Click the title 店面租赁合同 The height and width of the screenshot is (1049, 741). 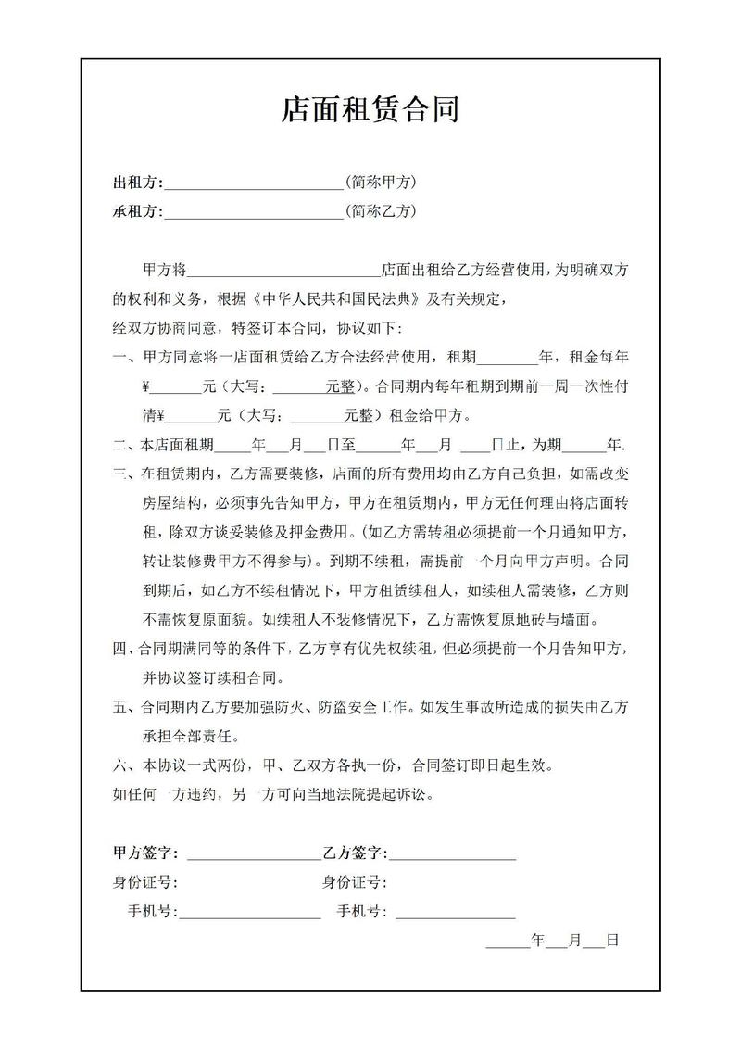pos(370,112)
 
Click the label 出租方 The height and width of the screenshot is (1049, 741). pos(134,182)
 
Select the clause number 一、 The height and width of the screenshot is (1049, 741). pos(122,357)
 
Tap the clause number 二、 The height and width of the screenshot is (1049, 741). pos(122,444)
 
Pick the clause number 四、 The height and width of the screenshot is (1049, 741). pos(122,648)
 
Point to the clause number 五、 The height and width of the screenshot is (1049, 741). pos(122,708)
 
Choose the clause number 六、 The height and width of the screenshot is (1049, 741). pos(122,766)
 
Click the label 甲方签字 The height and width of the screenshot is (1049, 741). pos(144,853)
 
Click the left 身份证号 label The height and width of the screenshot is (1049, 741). pos(144,882)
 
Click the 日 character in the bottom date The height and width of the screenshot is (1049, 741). pos(612,940)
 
